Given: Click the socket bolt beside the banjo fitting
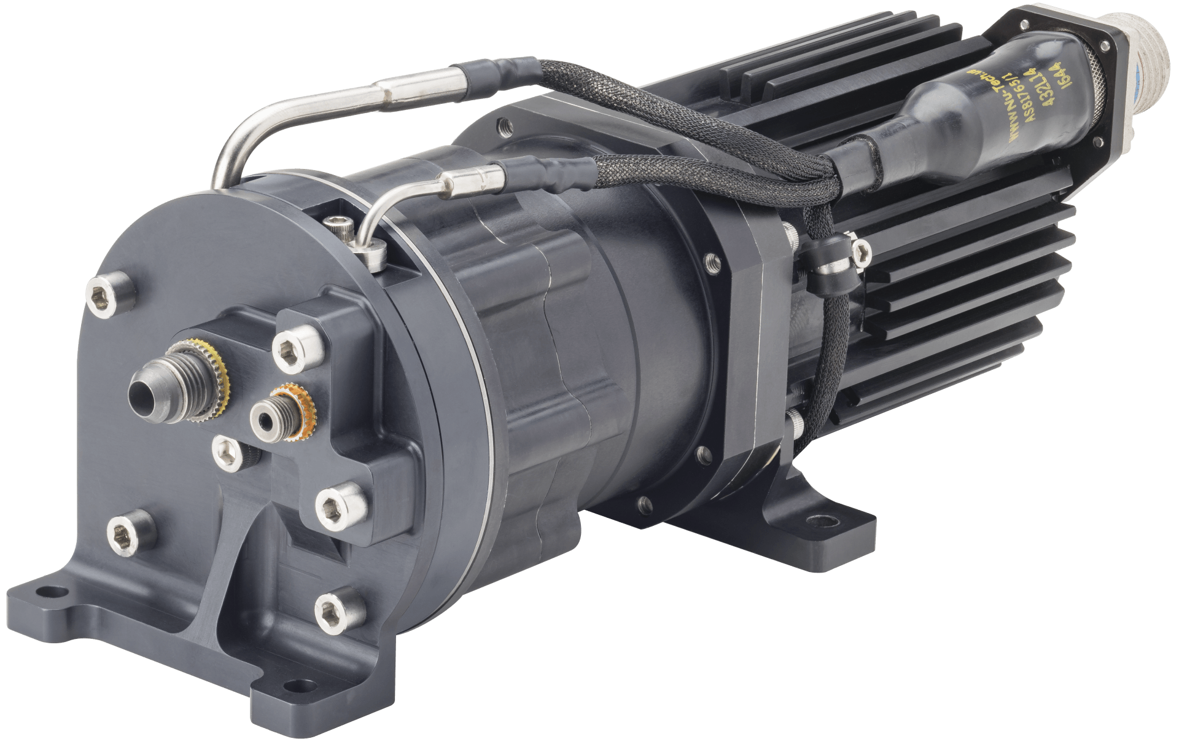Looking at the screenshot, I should [x=339, y=232].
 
